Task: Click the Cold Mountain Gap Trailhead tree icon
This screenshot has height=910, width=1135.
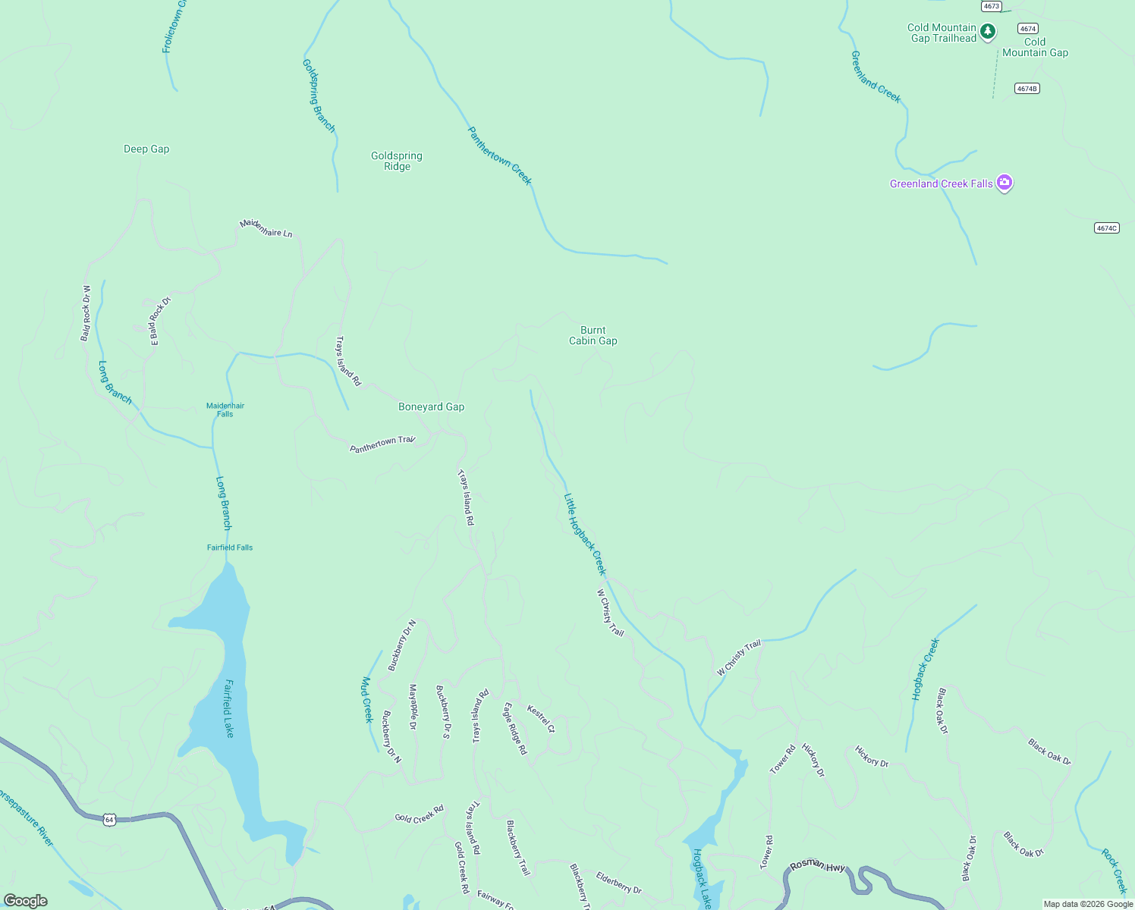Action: pos(987,32)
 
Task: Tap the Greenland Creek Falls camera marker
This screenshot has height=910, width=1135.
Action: pos(1005,183)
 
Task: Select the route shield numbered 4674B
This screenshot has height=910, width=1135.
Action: pos(1027,89)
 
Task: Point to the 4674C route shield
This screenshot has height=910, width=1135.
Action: pos(1107,227)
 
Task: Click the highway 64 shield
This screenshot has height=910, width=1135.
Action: pos(110,820)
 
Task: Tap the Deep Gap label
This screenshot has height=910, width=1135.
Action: pos(146,149)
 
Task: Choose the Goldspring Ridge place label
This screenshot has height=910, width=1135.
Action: pos(397,161)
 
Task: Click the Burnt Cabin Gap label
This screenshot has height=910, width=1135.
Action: pos(593,335)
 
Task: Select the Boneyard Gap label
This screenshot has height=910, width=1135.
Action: pos(431,407)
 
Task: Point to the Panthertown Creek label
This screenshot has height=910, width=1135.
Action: pos(499,155)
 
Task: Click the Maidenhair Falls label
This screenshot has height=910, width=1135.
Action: pos(225,409)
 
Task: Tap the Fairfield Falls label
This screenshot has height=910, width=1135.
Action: pos(230,548)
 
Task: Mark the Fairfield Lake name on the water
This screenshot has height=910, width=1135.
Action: pos(228,708)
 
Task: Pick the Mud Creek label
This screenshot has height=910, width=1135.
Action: pos(368,699)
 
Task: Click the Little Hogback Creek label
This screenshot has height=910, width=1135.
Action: pos(585,534)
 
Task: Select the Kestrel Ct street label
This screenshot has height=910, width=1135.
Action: pos(541,720)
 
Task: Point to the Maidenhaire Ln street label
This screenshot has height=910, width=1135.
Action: pos(266,228)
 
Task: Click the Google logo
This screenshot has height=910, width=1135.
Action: pos(26,901)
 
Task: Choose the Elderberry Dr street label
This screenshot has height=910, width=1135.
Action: pos(618,883)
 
